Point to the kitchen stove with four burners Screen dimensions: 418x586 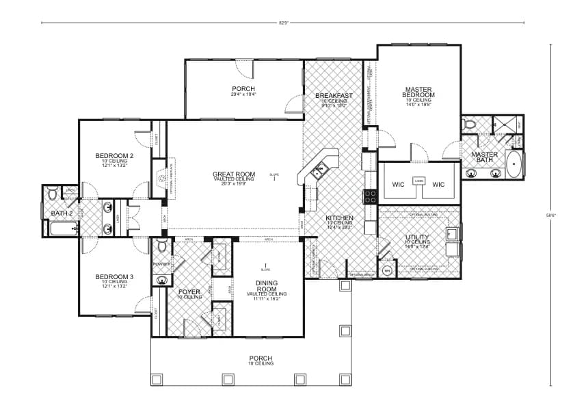(370, 196)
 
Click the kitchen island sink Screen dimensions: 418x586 (318, 172)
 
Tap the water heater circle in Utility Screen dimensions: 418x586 (386, 271)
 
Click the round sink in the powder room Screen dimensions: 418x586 (161, 279)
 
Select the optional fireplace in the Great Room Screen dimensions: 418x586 (162, 179)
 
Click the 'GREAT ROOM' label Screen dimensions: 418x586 (234, 174)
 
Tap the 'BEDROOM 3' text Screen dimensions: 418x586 (114, 276)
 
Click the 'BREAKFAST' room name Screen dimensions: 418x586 (334, 95)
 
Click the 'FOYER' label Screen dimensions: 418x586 (189, 292)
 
